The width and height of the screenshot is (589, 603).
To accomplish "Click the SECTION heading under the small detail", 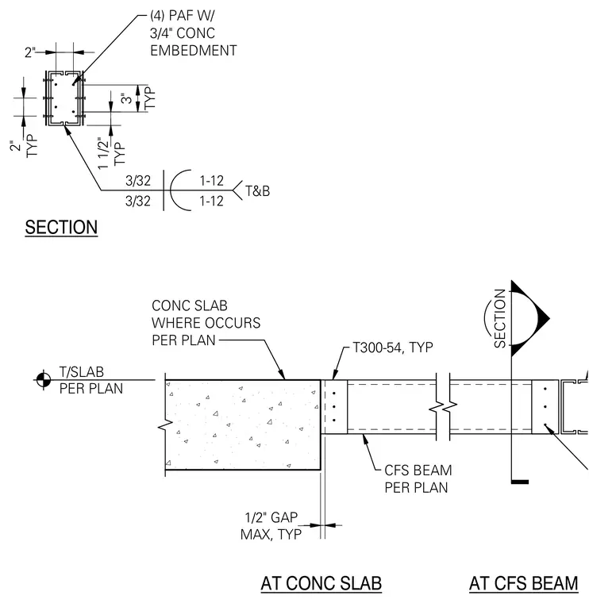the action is coord(61,227).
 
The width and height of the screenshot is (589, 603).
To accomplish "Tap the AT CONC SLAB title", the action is coord(321,583).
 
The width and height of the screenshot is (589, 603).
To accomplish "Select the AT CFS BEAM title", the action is coord(524,583).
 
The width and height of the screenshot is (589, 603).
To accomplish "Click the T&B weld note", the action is coord(257,190).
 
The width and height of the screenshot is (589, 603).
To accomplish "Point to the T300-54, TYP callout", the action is coord(393,348).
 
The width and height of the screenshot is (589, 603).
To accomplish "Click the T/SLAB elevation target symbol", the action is coord(44,380).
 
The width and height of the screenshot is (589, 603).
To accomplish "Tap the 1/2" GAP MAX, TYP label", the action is coord(271,526).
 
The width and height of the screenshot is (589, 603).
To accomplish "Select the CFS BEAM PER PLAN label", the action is coord(418,478).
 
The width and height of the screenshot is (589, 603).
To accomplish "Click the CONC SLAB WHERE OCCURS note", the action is coord(206,323).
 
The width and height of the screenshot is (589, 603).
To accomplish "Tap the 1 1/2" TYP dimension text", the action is coord(112,152).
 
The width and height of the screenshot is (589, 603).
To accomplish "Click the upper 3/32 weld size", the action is coord(138,180).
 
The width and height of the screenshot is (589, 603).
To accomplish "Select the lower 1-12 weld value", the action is coord(211,201).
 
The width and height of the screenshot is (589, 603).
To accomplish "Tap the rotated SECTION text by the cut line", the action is coord(499,318).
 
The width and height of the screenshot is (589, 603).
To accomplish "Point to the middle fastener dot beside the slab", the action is coord(334,406).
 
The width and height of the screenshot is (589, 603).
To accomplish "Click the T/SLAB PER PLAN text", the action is coord(90,380).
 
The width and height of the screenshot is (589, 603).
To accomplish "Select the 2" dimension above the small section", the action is coord(30,52).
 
